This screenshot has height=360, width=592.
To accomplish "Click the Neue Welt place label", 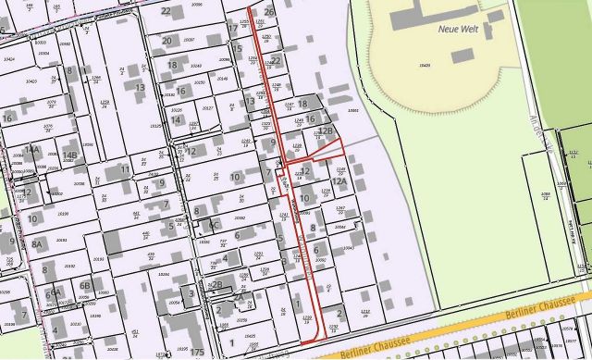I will pyautogui.click(x=454, y=30).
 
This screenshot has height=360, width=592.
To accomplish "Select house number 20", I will pyautogui.click(x=166, y=41).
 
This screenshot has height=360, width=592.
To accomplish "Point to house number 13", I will pyautogui.click(x=140, y=87).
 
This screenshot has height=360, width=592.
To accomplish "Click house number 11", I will pyautogui.click(x=124, y=169).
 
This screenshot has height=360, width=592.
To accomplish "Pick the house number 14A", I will pyautogui.click(x=31, y=149).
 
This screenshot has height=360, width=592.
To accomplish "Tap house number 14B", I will pyautogui.click(x=70, y=155).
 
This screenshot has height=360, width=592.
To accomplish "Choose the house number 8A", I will pyautogui.click(x=38, y=242).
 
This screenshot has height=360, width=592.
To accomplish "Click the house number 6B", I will pyautogui.click(x=84, y=285).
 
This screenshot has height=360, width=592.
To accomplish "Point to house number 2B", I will pyautogui.click(x=217, y=285).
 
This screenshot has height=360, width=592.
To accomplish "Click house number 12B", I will pyautogui.click(x=326, y=131).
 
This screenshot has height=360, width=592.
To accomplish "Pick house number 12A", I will pyautogui.click(x=340, y=181).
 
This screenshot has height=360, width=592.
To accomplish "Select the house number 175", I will pyautogui.click(x=196, y=353).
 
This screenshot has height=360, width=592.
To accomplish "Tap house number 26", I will pyautogui.click(x=269, y=12).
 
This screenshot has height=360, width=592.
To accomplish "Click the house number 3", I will pyautogui.click(x=191, y=293).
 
